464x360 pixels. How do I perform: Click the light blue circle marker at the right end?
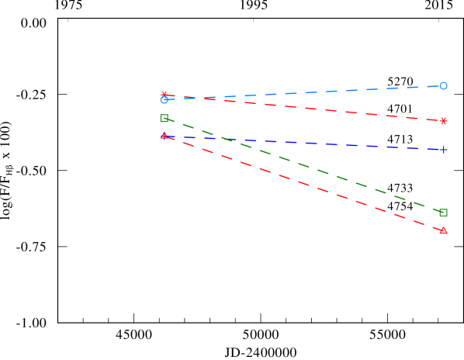pos(443,86)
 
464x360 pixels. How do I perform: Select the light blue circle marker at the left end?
pos(164,99)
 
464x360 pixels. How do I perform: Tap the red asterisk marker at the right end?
pos(443,121)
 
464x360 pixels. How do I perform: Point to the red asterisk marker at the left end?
pos(164,95)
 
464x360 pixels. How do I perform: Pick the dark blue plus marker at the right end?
pos(443,150)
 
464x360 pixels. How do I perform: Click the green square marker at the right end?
pos(443,212)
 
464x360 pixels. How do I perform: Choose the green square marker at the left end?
pos(164,118)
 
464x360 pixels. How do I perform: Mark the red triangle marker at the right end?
pos(443,230)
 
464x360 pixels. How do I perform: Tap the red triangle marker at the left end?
pos(164,136)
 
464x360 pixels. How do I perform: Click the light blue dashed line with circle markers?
pos(310,92)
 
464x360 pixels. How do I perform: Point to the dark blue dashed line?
pos(310,144)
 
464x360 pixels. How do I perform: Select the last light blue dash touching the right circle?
pos(433,86)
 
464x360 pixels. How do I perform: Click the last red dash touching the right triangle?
pos(434,227)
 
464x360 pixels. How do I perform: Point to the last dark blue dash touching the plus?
pos(433,149)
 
